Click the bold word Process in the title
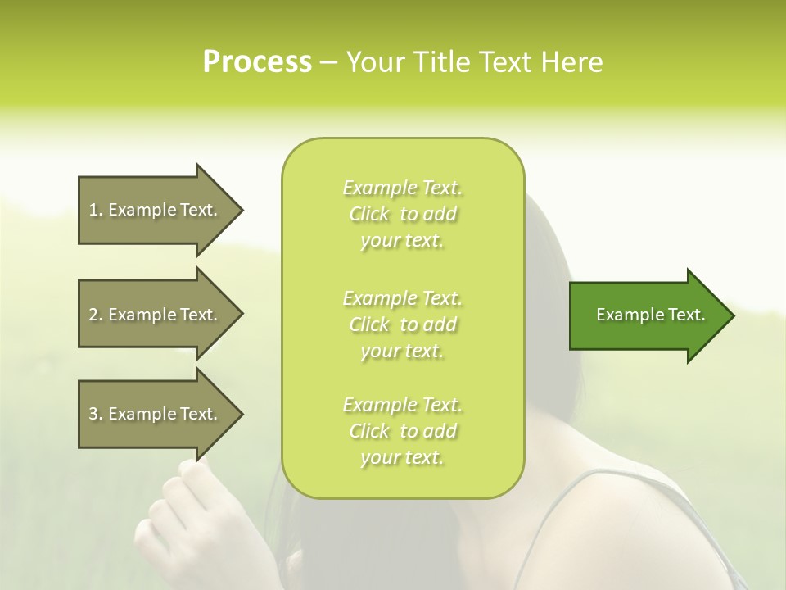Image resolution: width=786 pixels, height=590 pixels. (257, 62)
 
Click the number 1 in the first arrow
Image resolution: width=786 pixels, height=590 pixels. (93, 210)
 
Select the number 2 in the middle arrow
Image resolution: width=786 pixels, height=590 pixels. (93, 315)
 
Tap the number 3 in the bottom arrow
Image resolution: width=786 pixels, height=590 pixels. (93, 414)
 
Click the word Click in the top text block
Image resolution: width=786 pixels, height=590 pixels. (369, 215)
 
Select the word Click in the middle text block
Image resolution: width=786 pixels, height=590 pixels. (369, 324)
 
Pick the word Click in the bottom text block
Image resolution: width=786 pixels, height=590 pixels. (369, 431)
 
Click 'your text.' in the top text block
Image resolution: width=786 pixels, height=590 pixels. (402, 241)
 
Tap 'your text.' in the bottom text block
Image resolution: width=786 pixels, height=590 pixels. (402, 457)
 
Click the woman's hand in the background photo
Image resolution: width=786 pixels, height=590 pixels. (196, 516)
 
